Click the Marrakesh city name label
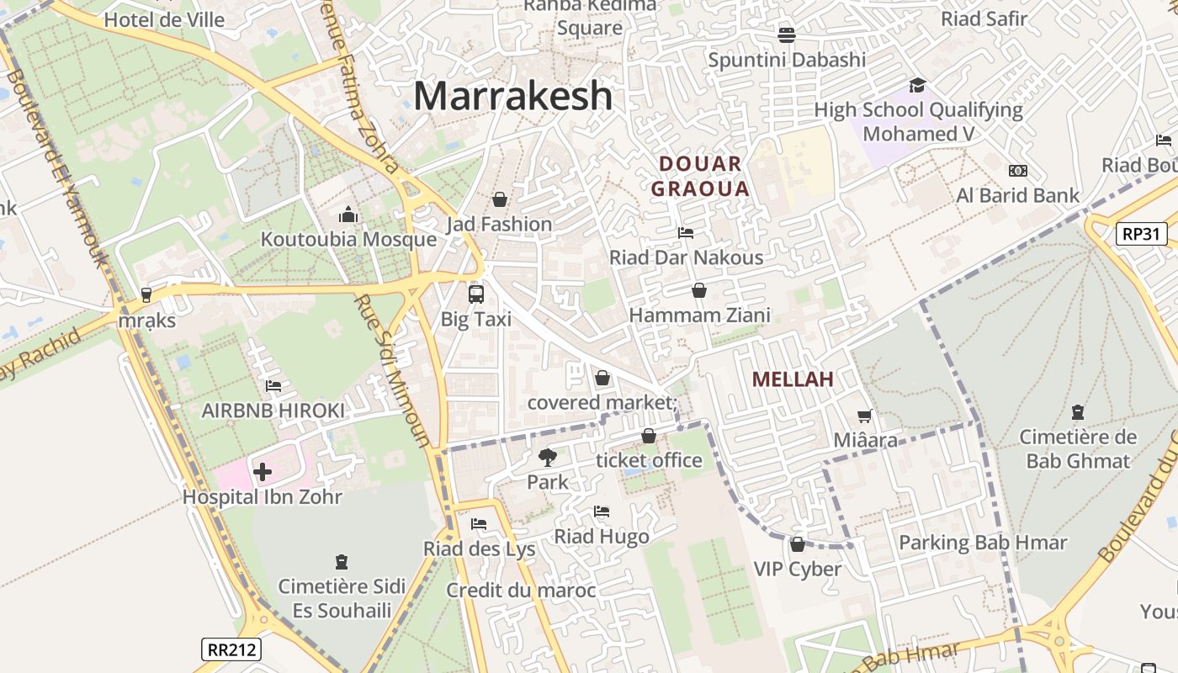[x=512, y=96]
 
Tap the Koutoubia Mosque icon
[x=348, y=215]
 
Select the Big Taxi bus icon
[x=476, y=294]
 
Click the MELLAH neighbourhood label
[x=793, y=379]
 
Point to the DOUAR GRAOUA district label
[x=699, y=176]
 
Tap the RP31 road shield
[x=1142, y=233]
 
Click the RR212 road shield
[x=231, y=649]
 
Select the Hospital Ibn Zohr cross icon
[x=262, y=472]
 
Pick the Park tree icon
[x=548, y=458]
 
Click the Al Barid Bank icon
[x=1017, y=171]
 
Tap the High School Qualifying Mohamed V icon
[x=917, y=86]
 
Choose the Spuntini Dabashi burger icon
[x=787, y=35]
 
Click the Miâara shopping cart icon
[x=864, y=416]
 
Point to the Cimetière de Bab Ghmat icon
[x=1078, y=412]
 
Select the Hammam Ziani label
[x=699, y=315]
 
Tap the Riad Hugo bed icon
[x=601, y=511]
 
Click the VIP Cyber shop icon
[x=797, y=544]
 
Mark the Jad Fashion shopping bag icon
[x=499, y=199]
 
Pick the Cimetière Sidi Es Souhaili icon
[x=341, y=561]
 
